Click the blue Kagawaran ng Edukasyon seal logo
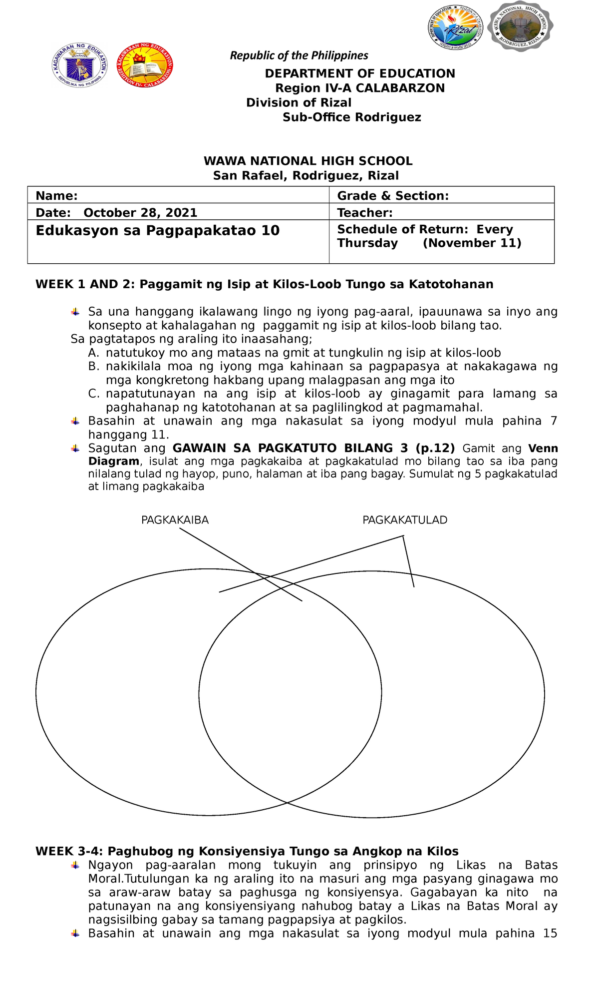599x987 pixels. click(80, 65)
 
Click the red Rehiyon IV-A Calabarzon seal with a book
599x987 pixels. click(145, 65)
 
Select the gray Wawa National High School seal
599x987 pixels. click(521, 26)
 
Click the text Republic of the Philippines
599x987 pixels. click(299, 55)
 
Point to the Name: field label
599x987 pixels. click(56, 196)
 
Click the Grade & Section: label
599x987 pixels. click(393, 196)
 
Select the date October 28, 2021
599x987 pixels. click(140, 213)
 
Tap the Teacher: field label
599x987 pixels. click(365, 213)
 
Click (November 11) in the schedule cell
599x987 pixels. click(472, 243)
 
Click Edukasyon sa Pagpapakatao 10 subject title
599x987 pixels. click(158, 231)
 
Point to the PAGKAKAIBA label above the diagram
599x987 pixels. click(175, 520)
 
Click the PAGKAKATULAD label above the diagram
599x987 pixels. click(405, 520)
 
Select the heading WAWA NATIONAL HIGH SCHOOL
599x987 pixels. click(307, 161)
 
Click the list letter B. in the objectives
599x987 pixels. click(94, 366)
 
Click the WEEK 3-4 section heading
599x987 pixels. click(247, 851)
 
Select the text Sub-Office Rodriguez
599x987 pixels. click(351, 117)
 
